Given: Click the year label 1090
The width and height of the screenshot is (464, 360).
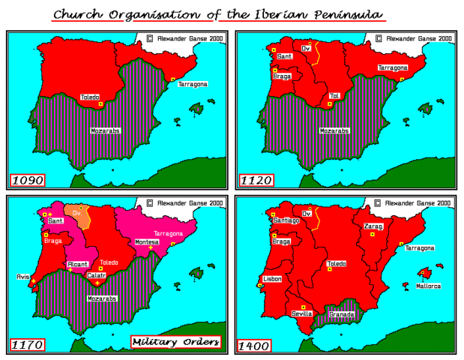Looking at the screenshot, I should (x=28, y=180).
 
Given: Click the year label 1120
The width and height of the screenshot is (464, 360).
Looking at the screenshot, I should (x=256, y=180).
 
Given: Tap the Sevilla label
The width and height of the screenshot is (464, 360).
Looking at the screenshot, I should (x=302, y=313).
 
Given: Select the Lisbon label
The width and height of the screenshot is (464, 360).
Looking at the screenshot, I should (x=271, y=278).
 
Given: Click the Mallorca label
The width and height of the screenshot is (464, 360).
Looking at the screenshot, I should (x=430, y=286).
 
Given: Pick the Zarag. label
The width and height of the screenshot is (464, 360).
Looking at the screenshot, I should (x=375, y=226).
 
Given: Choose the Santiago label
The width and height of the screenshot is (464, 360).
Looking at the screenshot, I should (x=286, y=220).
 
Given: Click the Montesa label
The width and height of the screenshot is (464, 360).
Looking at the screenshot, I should (x=147, y=241).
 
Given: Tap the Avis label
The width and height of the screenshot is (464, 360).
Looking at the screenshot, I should (x=22, y=276).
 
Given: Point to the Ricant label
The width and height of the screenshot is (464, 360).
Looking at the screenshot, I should (x=79, y=264).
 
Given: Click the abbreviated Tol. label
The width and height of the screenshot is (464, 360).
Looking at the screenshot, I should (x=335, y=96).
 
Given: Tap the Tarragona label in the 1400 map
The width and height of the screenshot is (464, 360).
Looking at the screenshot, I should (x=420, y=247).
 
